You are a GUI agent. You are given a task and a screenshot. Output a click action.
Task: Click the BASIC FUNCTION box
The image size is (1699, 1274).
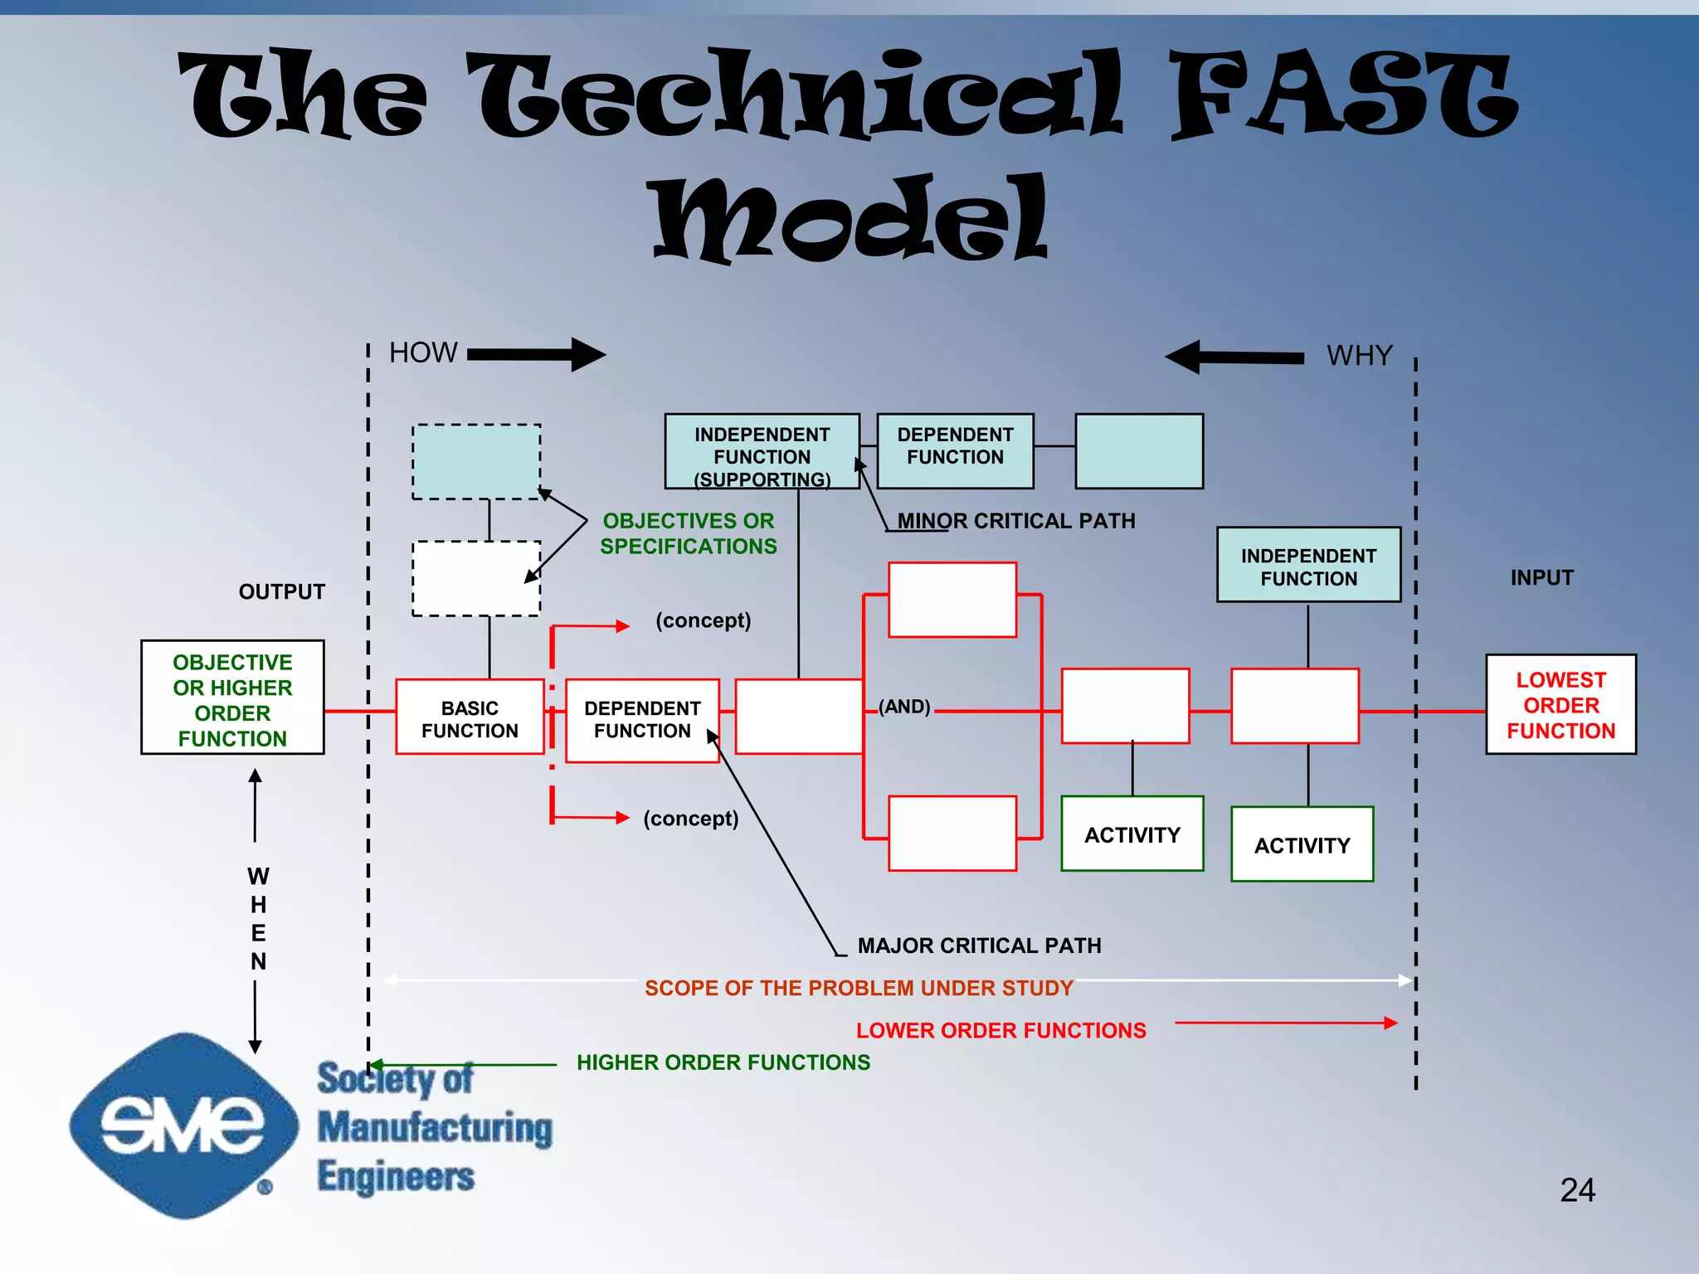tap(470, 717)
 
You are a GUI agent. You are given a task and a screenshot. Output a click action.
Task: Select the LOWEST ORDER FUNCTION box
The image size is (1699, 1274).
tap(1560, 705)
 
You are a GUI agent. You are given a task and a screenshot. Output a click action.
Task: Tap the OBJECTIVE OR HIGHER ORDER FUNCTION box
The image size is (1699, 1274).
tap(232, 698)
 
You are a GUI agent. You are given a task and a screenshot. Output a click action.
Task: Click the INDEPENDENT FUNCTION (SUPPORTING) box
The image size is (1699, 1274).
tap(762, 452)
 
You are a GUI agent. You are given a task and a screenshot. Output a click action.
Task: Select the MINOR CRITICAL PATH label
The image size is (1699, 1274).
tap(1016, 521)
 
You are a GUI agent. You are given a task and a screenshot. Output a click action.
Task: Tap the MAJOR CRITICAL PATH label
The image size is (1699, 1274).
tap(979, 946)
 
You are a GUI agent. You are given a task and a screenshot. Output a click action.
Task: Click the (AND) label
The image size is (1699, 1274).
tap(904, 707)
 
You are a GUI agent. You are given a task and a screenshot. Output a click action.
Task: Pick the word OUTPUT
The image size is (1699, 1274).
tap(282, 591)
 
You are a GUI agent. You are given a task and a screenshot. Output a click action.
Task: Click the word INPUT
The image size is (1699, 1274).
tap(1541, 577)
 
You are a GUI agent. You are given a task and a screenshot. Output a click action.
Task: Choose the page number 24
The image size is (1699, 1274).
tap(1577, 1190)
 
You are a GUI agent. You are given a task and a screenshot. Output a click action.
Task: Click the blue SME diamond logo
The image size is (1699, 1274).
tap(183, 1125)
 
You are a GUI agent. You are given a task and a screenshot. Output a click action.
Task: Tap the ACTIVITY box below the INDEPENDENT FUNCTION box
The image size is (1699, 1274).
tap(1302, 844)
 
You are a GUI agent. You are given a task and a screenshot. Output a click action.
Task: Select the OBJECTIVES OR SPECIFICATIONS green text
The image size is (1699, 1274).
tap(689, 533)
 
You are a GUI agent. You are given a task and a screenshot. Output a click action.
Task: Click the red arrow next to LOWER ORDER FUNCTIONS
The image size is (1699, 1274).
tap(1286, 1024)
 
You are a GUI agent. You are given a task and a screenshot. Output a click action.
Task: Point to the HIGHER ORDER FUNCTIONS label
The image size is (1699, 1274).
tap(723, 1062)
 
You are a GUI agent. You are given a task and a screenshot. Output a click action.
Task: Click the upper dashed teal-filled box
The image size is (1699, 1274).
tap(476, 462)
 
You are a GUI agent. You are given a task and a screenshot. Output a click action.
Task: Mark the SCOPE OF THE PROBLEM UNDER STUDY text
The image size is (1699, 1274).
tap(859, 988)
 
